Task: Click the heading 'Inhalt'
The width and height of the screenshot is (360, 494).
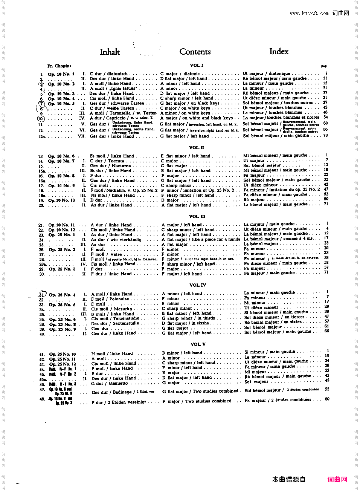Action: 110,52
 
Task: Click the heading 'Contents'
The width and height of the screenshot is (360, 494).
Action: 195,52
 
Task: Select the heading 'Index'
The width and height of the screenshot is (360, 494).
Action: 279,51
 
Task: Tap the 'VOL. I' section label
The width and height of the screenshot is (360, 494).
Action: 197,65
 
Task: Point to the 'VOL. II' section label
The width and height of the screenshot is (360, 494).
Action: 197,148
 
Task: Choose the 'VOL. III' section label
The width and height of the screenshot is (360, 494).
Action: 197,216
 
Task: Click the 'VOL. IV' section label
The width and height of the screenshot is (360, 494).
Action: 198,285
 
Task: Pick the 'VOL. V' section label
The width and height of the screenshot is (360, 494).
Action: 198,344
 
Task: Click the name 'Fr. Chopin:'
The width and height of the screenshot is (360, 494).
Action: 59,66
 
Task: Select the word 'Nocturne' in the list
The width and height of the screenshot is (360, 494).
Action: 121,166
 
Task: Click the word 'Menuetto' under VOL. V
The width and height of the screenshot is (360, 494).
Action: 118,383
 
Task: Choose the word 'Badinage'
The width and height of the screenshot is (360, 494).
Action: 123,392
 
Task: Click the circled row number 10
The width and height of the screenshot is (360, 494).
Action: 41,118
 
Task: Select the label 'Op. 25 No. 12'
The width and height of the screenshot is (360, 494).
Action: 63,364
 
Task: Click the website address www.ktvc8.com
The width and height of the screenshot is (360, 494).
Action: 309,13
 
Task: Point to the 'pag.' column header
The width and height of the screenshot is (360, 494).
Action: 324,66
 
